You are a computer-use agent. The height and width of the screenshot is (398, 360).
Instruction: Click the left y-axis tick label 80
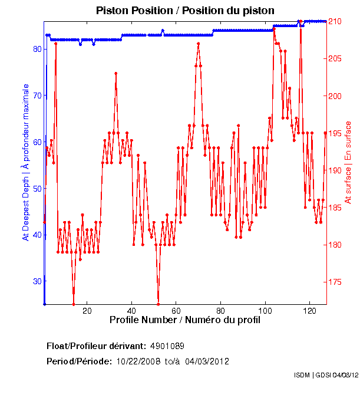point(37,49)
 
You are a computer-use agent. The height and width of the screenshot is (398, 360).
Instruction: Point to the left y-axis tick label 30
point(37,281)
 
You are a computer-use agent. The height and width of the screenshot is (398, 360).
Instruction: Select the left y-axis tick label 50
point(37,188)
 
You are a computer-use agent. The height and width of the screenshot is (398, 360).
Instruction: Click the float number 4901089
point(171,346)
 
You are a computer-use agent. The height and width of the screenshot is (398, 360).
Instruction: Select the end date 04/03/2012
point(207,361)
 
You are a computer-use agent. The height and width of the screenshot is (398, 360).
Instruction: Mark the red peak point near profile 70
point(199,43)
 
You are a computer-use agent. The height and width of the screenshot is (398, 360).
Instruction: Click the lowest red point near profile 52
point(158,304)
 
